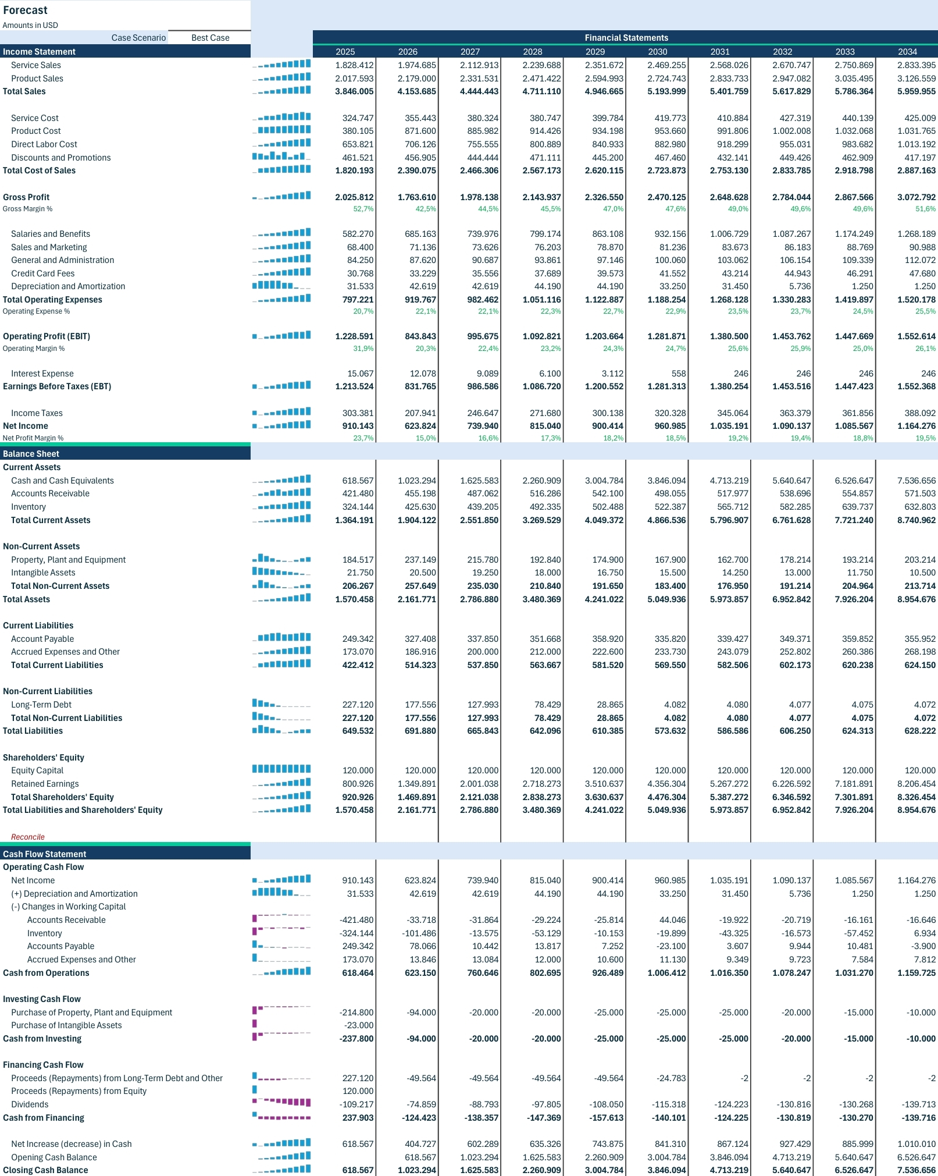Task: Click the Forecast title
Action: (25, 10)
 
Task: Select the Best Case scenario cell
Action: (210, 38)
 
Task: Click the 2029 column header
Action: (595, 52)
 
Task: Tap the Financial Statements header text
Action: (626, 38)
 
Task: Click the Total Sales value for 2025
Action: (354, 91)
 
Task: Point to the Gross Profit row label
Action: (26, 197)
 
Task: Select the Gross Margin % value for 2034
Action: (925, 209)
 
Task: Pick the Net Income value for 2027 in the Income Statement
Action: (483, 426)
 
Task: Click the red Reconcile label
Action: (28, 837)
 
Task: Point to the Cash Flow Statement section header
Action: (44, 854)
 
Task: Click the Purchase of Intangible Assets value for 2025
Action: (358, 1025)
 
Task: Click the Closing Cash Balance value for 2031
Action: (729, 1170)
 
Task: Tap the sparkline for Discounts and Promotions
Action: (281, 156)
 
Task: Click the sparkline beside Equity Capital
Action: (281, 769)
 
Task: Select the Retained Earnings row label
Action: (45, 784)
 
